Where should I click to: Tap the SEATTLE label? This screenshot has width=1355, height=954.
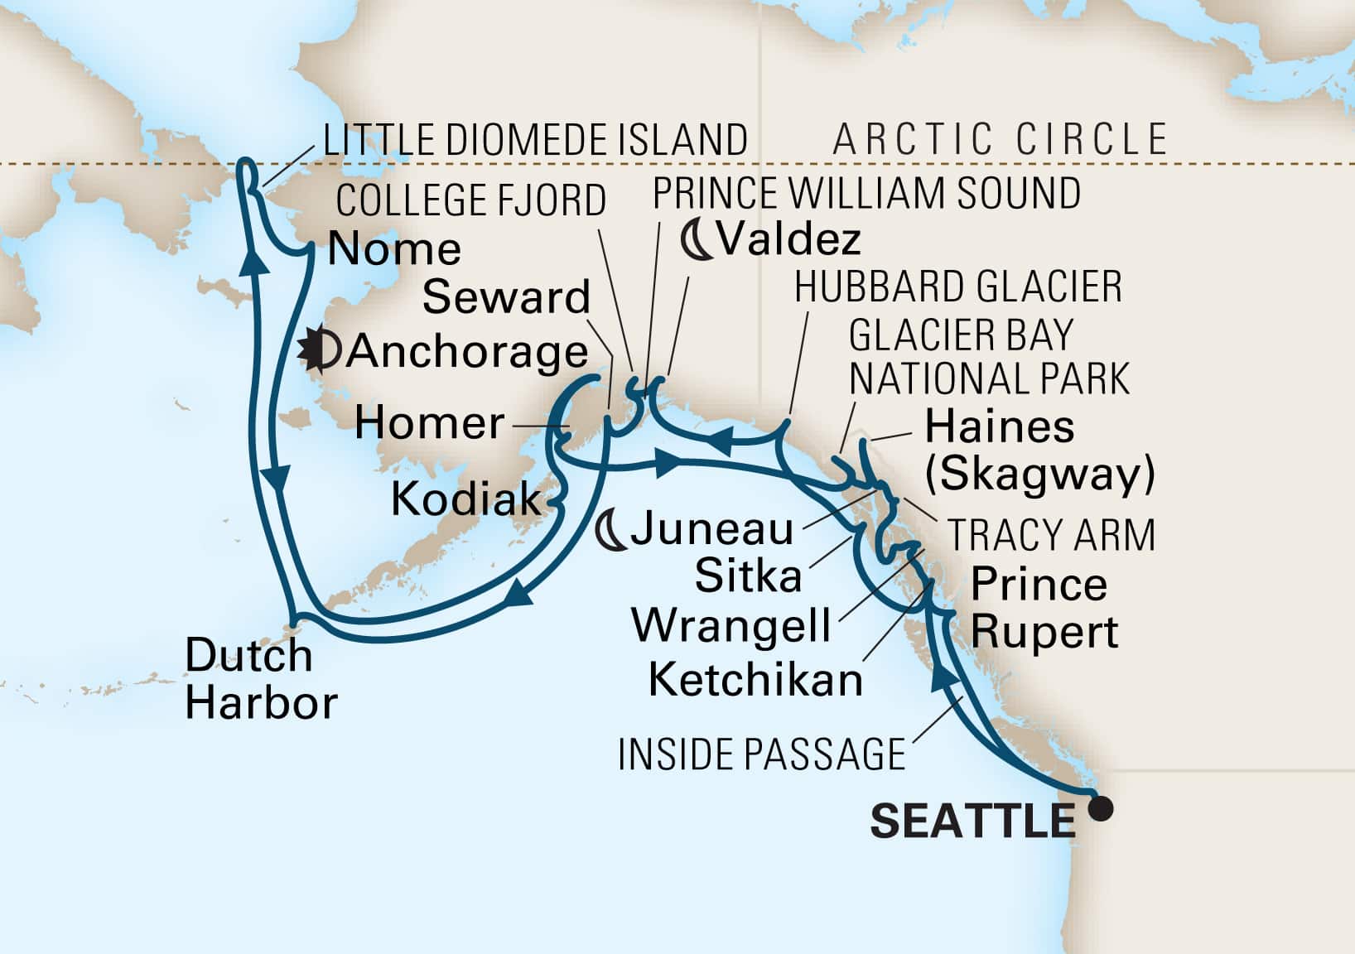tap(972, 821)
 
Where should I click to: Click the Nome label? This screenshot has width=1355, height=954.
tap(394, 249)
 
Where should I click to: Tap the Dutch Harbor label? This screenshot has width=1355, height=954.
tap(260, 679)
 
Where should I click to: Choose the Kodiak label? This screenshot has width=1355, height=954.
tap(465, 500)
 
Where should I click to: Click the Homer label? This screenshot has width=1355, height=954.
tap(429, 424)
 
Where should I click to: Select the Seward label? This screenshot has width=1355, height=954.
tap(506, 297)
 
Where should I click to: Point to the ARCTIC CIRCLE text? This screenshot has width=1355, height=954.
tap(1001, 139)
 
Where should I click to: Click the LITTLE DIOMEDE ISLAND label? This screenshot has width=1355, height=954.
tap(535, 140)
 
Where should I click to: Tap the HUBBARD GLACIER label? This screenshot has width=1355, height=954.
tap(958, 287)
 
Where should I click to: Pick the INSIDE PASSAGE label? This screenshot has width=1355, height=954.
tap(762, 754)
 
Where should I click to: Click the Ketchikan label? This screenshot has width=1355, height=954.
tap(755, 681)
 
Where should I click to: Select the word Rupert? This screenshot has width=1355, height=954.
tap(1044, 633)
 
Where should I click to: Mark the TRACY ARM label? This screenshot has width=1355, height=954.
tap(1051, 535)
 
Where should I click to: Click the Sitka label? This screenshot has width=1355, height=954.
tap(748, 576)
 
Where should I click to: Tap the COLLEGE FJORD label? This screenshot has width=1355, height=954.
tap(471, 200)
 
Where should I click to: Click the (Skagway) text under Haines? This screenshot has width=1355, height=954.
tap(1039, 475)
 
